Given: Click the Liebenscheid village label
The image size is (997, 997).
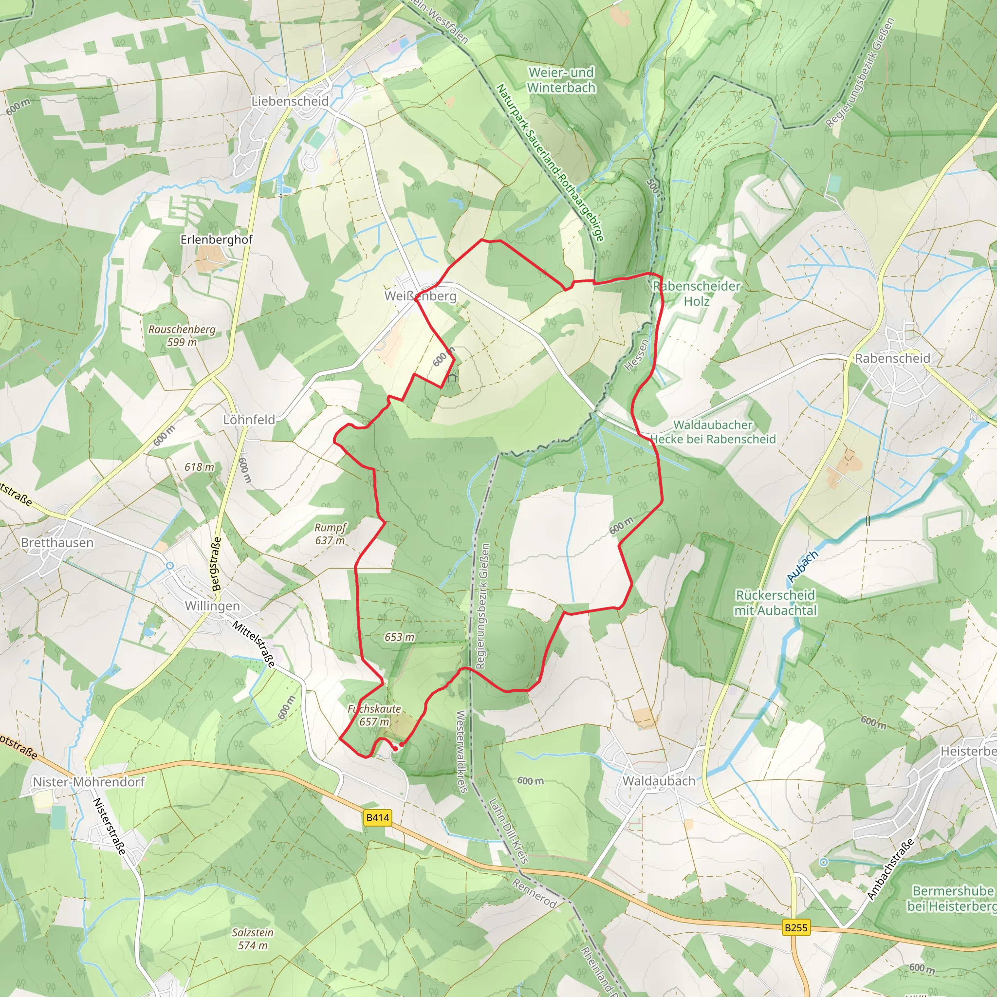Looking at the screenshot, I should point(290,101).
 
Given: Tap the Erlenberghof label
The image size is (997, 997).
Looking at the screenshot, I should point(216,240).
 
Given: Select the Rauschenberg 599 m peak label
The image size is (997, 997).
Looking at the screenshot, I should point(182,335).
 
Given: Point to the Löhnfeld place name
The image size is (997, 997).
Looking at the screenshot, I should point(249,420).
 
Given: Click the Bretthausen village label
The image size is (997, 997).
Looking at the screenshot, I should point(57,542).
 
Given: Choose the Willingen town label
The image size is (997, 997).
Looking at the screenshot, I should point(212,605).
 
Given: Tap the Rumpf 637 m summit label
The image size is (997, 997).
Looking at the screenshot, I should point(330,534).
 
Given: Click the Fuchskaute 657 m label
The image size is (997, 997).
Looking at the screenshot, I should point(374,715).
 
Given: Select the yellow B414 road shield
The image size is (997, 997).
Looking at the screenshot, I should point(378,817).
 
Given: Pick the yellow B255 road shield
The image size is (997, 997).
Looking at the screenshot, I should point(796,927).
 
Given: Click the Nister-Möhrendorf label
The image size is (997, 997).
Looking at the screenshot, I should point(89,782).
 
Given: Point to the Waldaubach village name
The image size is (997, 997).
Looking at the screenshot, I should point(659,781).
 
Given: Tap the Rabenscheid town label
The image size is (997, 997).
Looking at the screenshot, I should point(893,358).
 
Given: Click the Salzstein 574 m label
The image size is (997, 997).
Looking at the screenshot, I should point(253,939).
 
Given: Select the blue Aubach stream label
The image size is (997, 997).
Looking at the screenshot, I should point(803,566).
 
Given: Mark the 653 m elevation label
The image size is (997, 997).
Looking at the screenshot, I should point(399,637).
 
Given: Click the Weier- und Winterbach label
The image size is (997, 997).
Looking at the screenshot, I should point(561,80).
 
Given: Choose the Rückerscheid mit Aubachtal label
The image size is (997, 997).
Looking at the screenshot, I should point(775,602).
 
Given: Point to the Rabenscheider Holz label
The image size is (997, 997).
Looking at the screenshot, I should point(697,293).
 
